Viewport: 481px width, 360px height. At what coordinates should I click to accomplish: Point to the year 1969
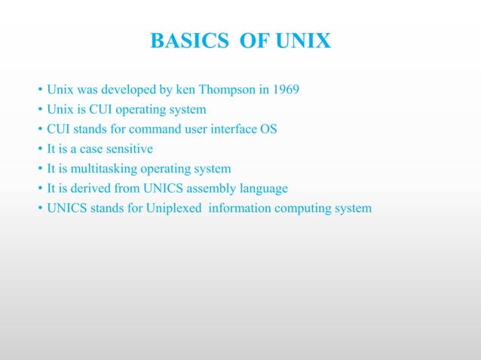(x=283, y=90)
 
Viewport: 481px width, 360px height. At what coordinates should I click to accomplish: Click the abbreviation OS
(x=268, y=130)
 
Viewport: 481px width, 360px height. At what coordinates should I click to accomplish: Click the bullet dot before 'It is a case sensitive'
(x=39, y=149)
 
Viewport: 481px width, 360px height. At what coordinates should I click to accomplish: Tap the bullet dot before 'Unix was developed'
(x=39, y=90)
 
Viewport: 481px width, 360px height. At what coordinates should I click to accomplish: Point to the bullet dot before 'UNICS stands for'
(x=39, y=208)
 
